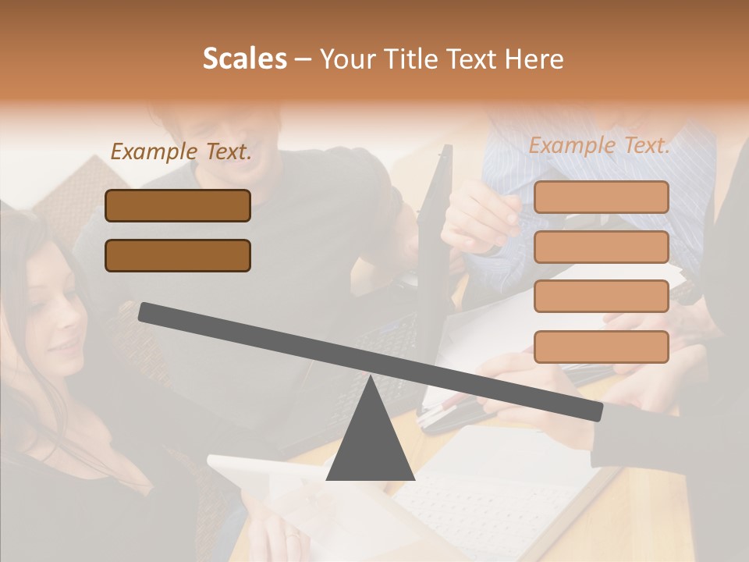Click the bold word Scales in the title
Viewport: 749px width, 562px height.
coord(244,59)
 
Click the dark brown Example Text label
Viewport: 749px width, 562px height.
coord(181,152)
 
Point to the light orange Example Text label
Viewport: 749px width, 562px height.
coord(599,145)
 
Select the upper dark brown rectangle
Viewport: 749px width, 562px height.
coord(178,205)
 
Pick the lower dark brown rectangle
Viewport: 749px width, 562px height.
coord(178,255)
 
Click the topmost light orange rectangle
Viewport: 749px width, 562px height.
coord(601,197)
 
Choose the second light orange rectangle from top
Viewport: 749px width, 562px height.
coord(601,247)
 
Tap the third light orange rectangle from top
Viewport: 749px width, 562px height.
coord(601,296)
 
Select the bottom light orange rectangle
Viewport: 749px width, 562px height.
coord(601,347)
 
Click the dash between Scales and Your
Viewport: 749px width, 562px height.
coord(303,59)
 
